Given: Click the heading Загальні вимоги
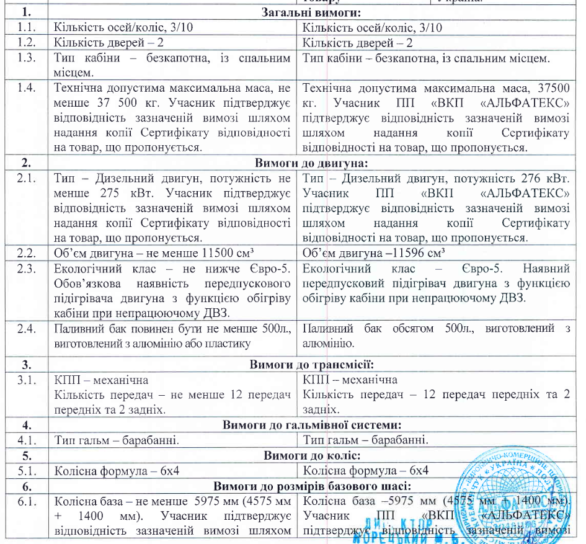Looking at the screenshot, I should [x=312, y=12].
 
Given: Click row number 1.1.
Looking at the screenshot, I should [x=25, y=28].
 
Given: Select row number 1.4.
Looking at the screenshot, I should [x=25, y=87].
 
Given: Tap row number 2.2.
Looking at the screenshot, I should [x=25, y=254].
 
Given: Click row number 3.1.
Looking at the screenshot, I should [x=25, y=380].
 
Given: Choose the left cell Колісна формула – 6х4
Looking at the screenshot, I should [x=117, y=471].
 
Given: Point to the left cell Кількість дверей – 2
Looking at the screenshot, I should [x=109, y=43].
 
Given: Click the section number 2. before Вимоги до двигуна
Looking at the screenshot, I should [x=25, y=164].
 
